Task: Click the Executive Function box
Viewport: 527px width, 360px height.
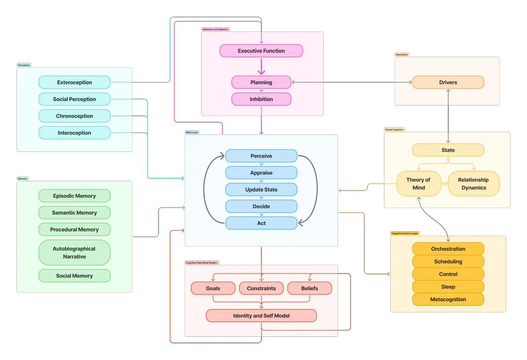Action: [x=261, y=50]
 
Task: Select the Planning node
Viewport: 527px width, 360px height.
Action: [x=261, y=82]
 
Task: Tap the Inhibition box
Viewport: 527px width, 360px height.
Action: [x=261, y=99]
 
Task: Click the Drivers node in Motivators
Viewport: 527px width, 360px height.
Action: [x=448, y=82]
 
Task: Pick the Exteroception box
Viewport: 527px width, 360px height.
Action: [x=75, y=82]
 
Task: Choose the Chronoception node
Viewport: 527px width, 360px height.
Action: [x=75, y=116]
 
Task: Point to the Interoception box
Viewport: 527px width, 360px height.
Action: [x=75, y=133]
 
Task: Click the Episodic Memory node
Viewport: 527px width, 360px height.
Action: [x=75, y=196]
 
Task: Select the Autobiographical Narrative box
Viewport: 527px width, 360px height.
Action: [x=75, y=252]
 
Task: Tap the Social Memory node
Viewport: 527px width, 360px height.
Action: [x=75, y=276]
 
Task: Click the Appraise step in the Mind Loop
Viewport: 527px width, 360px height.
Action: [x=261, y=173]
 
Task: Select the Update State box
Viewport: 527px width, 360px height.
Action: [x=261, y=190]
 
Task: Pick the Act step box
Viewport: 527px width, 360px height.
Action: [x=261, y=223]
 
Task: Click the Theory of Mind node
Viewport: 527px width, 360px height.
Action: [x=418, y=183]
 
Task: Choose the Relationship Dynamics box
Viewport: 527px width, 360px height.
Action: [x=473, y=183]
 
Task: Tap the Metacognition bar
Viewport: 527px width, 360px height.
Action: [x=448, y=299]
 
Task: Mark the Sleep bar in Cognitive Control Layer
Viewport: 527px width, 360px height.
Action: [x=448, y=286]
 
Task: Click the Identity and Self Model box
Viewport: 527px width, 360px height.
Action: [x=261, y=315]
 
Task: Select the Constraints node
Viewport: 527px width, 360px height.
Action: [x=261, y=288]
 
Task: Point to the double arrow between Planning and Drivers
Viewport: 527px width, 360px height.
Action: [x=352, y=82]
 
